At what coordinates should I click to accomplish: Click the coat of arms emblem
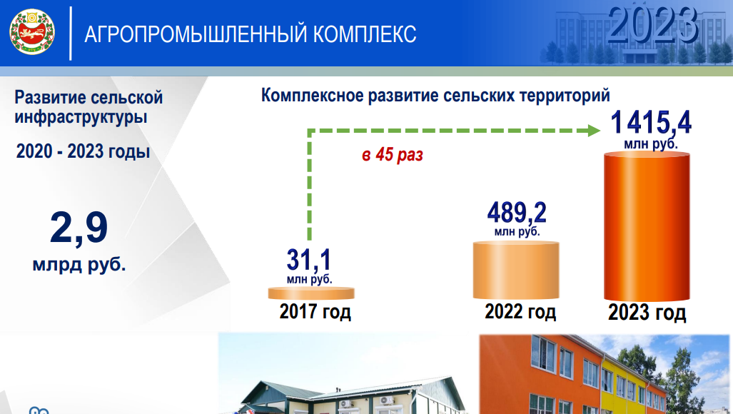click(x=32, y=32)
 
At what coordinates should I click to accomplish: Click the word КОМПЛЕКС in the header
click(x=365, y=34)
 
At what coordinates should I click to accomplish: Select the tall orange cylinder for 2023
click(x=647, y=226)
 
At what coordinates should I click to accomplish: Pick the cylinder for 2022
click(x=516, y=270)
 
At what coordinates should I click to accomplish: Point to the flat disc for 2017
click(x=311, y=293)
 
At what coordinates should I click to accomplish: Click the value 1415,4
click(x=651, y=123)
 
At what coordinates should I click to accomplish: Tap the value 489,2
click(x=517, y=213)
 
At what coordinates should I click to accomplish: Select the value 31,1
click(x=308, y=260)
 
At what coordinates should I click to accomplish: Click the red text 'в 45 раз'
click(x=393, y=155)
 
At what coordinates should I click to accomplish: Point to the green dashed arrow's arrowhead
click(x=594, y=131)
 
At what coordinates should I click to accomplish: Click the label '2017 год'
click(x=315, y=311)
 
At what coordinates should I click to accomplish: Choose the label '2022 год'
click(x=520, y=311)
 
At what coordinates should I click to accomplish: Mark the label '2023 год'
click(x=647, y=312)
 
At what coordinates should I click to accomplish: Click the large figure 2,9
click(x=79, y=228)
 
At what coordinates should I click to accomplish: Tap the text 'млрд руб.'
click(x=79, y=265)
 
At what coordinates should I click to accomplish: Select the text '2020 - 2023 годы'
click(x=84, y=151)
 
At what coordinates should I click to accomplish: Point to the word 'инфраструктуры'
click(x=81, y=117)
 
